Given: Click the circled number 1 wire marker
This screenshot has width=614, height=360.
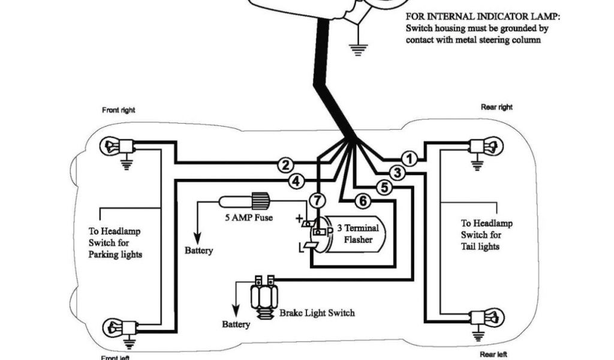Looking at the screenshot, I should click(x=410, y=159).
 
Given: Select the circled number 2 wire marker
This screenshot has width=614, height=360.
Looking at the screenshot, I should click(x=287, y=165).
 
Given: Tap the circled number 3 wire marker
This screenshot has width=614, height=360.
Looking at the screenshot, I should click(x=397, y=173).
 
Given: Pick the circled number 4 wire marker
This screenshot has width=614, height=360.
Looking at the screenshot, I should click(x=296, y=180).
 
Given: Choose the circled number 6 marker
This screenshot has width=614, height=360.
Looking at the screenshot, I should click(x=362, y=202).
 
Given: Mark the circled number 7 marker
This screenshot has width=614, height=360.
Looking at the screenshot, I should click(x=318, y=199).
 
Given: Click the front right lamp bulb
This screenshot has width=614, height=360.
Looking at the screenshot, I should click(x=112, y=145).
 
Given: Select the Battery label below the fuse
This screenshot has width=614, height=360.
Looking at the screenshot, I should click(x=198, y=250).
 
